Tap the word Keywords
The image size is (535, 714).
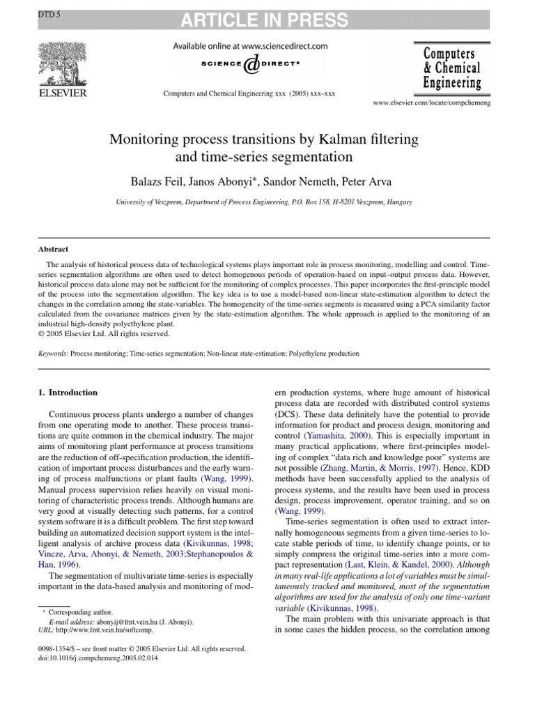[x=53, y=354]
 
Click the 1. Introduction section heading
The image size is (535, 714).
[x=68, y=393]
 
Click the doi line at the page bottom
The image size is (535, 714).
[x=98, y=658]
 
